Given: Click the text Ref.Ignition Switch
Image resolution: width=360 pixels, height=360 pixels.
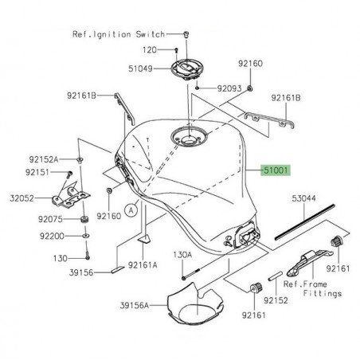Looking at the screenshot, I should pyautogui.click(x=129, y=35).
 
